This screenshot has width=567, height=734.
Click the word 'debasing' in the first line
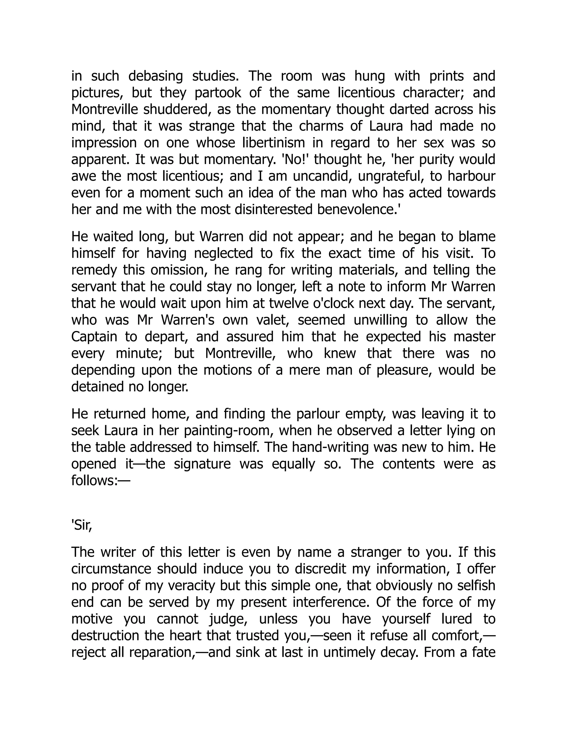point(156,76)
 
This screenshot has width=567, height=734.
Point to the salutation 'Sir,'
point(82,525)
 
